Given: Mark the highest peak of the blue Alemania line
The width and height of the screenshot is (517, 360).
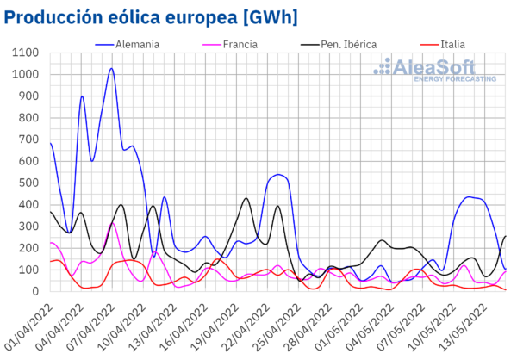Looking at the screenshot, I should click(x=111, y=68).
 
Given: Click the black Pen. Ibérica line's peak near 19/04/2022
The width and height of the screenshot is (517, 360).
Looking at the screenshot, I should click(x=246, y=198).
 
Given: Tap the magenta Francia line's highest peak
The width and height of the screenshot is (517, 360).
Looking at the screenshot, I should click(x=112, y=223).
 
